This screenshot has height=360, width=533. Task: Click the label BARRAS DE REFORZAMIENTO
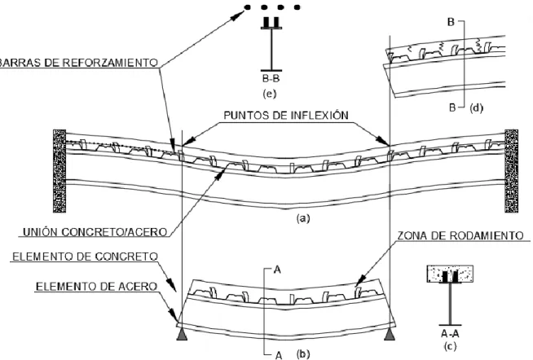(x=79, y=63)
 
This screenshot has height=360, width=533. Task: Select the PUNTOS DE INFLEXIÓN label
(x=286, y=116)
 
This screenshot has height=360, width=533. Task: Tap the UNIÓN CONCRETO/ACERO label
(x=95, y=232)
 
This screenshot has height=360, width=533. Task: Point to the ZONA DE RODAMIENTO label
(x=460, y=235)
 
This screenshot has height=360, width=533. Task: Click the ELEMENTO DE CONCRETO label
(x=86, y=257)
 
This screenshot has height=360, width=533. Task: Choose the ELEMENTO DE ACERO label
(x=96, y=287)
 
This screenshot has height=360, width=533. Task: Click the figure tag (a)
(x=303, y=218)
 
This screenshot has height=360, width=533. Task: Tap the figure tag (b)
(x=303, y=353)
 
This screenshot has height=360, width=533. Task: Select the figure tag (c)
(x=450, y=346)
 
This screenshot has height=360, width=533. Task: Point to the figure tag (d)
(x=476, y=108)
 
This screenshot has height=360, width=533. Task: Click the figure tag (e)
(x=270, y=94)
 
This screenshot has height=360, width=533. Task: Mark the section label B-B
(x=271, y=79)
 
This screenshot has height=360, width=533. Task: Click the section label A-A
(x=450, y=333)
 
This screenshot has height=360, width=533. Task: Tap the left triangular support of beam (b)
(x=183, y=335)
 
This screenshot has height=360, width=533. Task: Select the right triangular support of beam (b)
(x=390, y=335)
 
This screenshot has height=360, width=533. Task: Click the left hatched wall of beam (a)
(x=59, y=171)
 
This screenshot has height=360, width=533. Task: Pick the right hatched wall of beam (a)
(x=512, y=171)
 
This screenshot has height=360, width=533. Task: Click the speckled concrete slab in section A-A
(x=450, y=274)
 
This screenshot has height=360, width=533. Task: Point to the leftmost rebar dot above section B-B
(x=247, y=7)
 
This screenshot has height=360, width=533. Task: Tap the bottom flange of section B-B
(x=271, y=70)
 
